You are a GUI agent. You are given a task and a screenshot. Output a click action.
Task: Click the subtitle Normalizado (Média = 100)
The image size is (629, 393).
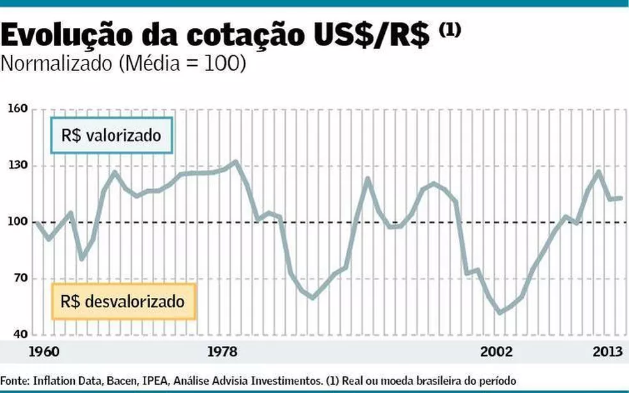[123, 65]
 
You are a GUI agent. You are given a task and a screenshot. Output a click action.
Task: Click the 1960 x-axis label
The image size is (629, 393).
[43, 351]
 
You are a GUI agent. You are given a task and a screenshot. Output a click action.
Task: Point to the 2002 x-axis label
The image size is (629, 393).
[497, 351]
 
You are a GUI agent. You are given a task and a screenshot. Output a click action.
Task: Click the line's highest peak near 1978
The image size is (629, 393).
[235, 162]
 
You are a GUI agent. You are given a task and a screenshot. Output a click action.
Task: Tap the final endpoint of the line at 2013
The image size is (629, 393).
[621, 198]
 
